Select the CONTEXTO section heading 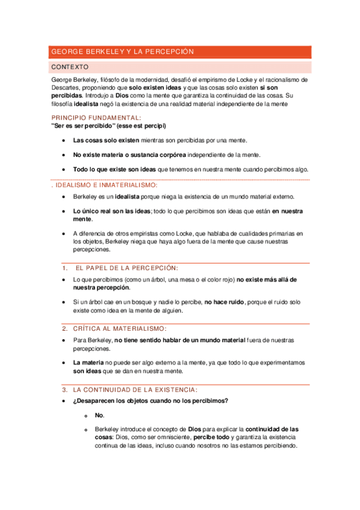(70, 67)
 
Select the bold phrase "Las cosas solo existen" (106, 140)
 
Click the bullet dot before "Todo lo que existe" (64, 170)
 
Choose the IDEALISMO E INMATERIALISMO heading (105, 185)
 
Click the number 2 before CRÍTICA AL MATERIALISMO (64, 328)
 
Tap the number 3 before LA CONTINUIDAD (64, 390)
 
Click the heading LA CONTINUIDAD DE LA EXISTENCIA (135, 390)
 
